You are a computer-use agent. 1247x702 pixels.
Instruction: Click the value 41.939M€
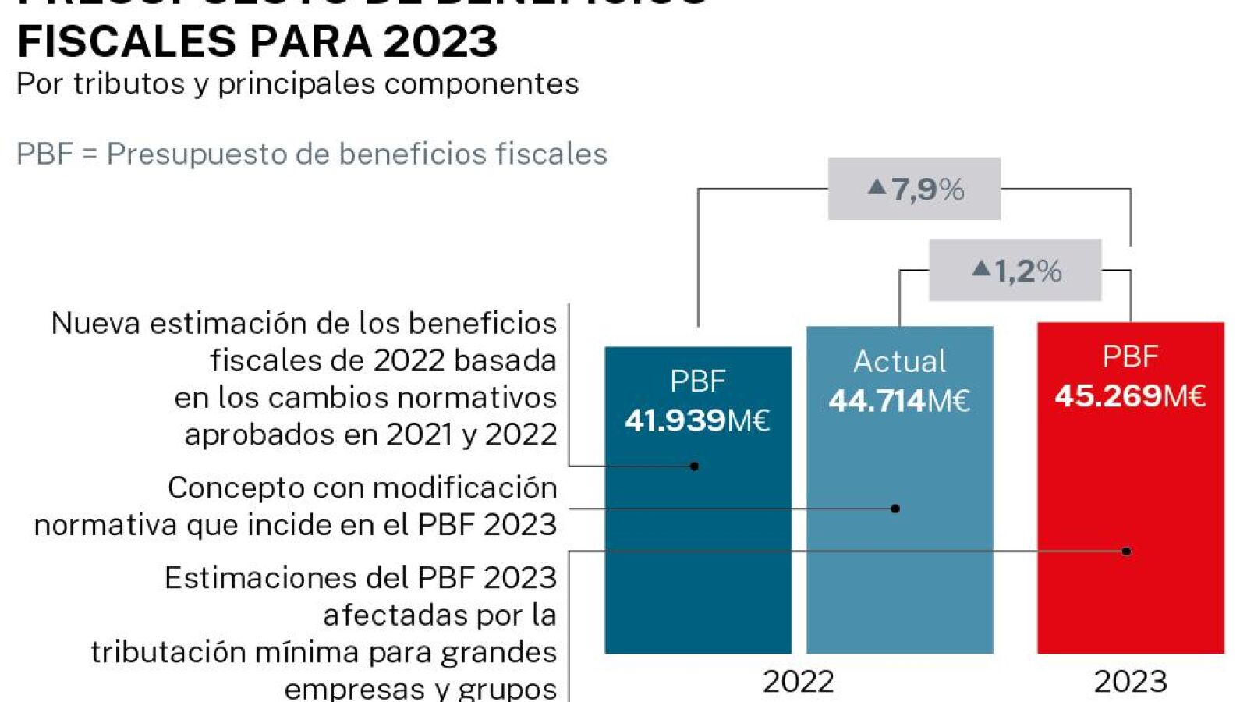(697, 421)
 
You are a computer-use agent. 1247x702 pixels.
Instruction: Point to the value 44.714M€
(899, 401)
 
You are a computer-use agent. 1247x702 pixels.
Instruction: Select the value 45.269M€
(1130, 396)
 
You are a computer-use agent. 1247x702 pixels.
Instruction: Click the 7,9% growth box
(914, 189)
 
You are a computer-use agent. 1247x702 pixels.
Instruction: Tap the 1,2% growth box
(1015, 271)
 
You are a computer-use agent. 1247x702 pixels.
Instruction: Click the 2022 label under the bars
(798, 682)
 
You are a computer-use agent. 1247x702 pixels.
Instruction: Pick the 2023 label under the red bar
(1130, 682)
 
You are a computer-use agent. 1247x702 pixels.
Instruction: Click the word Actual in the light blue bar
(899, 361)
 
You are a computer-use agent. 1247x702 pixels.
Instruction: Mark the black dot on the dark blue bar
(694, 466)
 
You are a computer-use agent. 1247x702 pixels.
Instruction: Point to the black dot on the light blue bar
(895, 509)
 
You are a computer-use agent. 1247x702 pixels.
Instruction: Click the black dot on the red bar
(1126, 551)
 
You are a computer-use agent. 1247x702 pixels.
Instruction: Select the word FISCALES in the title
(126, 41)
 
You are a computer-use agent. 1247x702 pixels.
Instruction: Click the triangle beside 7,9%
(877, 186)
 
